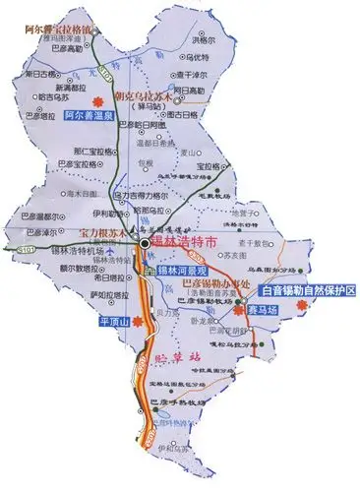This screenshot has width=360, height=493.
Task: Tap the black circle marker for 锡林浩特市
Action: point(144,242)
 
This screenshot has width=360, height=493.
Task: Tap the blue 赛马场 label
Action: point(261,307)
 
